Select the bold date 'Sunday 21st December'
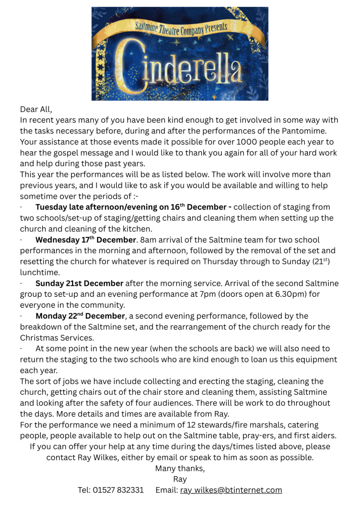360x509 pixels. point(79,283)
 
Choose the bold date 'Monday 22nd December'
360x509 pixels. point(80,316)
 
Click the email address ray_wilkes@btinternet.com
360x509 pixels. point(231,490)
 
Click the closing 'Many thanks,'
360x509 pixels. point(180,468)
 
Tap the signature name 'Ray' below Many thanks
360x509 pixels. point(180,479)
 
